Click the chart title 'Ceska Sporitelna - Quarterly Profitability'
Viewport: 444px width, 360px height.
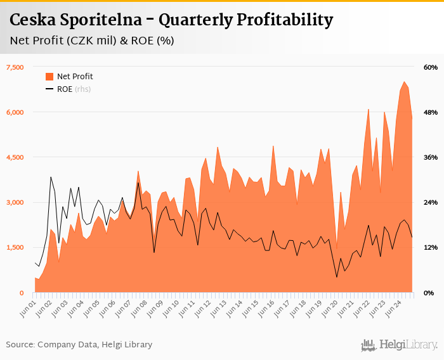pyautogui.click(x=171, y=20)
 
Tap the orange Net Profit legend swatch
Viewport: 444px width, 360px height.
pyautogui.click(x=49, y=77)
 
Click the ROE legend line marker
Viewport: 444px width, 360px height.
pyautogui.click(x=49, y=89)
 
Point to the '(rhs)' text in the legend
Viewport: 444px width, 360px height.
pyautogui.click(x=82, y=89)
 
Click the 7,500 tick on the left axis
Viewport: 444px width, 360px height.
pyautogui.click(x=15, y=67)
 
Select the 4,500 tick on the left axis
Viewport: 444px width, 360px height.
pyautogui.click(x=15, y=157)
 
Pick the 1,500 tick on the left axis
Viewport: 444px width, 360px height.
pyautogui.click(x=15, y=248)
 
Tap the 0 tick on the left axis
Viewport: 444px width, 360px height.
pyautogui.click(x=21, y=293)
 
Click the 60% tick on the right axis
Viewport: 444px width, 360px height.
pyautogui.click(x=431, y=67)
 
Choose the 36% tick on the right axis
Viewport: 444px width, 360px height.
pyautogui.click(x=431, y=157)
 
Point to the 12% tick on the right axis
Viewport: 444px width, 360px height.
pyautogui.click(x=431, y=248)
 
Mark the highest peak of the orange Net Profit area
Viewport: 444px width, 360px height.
pyautogui.click(x=404, y=82)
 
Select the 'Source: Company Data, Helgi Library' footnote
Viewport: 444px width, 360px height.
pyautogui.click(x=79, y=345)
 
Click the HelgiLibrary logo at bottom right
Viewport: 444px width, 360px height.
pyautogui.click(x=399, y=345)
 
